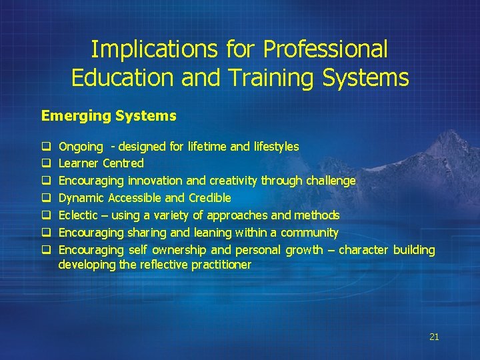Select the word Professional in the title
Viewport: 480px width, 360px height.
[325, 49]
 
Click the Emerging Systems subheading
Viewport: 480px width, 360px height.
[109, 116]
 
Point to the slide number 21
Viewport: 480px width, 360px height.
[434, 337]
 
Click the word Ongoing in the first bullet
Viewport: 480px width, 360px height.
[81, 147]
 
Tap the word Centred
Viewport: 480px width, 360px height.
[123, 163]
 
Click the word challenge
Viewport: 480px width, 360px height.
[331, 181]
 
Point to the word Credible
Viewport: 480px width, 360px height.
[210, 198]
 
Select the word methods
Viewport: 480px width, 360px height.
[317, 215]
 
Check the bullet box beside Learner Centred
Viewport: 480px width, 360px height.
[45, 163]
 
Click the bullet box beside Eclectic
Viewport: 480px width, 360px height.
[45, 215]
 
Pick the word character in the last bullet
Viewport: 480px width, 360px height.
[364, 250]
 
